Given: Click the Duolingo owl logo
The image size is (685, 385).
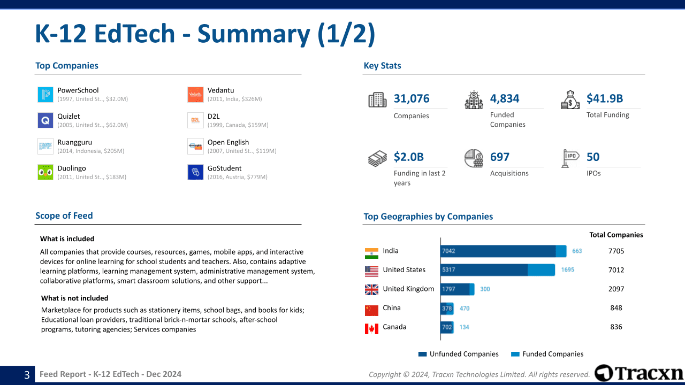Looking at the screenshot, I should coord(45,172).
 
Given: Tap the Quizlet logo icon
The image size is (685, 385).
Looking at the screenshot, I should coord(45,120).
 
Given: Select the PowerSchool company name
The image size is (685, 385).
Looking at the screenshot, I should coord(78,90).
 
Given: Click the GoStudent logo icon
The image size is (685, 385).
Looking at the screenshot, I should coord(195,172).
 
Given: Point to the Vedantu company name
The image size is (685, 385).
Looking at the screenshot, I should coord(220,90).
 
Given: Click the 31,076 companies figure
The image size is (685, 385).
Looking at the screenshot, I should coord(412,98).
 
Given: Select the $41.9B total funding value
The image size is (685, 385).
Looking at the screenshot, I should coord(605,98).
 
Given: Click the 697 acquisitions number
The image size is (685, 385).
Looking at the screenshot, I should coord(500,157).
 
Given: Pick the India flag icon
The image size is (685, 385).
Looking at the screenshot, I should coord(371,253).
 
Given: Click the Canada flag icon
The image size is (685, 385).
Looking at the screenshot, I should coord(371,329).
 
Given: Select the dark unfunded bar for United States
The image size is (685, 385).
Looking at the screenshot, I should coord(484,270).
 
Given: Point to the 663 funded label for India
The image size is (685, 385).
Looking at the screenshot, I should coord(577,251).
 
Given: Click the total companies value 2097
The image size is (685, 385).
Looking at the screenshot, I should coord(616,289).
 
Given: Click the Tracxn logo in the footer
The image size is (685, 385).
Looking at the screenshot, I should coord(639,373).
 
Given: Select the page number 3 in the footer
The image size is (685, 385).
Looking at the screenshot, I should coord(27,375).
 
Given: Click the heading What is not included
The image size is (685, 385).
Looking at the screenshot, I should coord(74,298).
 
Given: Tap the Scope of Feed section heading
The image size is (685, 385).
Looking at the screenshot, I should coord(64,216).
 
